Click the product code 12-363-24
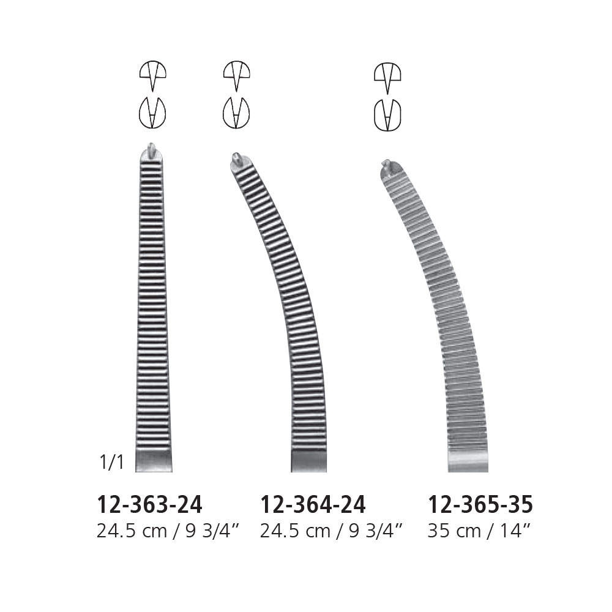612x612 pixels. coord(149,505)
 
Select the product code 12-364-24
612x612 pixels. coord(313,505)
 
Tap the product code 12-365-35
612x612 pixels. coord(480,505)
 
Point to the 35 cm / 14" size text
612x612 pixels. coord(479,531)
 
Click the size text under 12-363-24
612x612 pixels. coord(168,531)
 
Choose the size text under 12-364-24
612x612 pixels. coord(331,531)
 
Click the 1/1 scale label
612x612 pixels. coord(111,463)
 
